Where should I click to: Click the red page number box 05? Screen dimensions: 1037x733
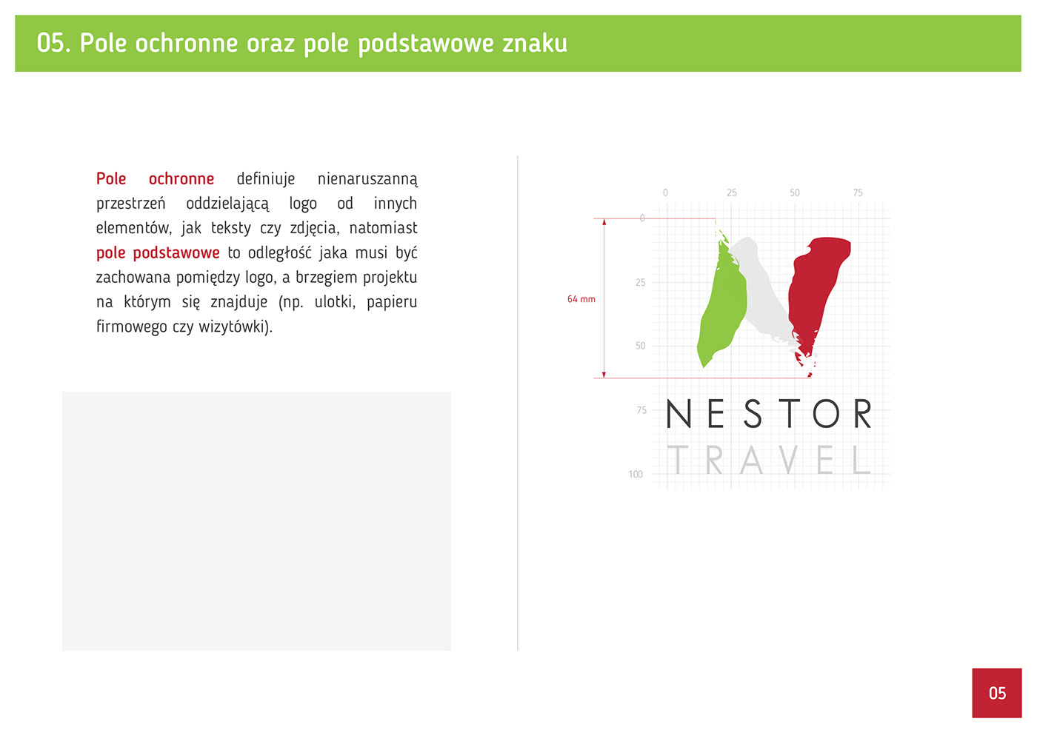997,693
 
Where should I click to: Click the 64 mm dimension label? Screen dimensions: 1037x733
581,299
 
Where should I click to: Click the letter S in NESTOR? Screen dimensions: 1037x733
753,413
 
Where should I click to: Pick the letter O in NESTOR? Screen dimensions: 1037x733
826,413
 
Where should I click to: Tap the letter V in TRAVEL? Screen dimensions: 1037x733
788,460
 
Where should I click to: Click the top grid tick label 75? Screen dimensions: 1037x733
858,193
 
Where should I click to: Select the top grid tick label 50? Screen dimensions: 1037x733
794,193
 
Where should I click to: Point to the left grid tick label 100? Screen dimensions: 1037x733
636,475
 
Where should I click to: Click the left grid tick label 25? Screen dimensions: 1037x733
640,282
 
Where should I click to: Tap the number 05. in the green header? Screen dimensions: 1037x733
53,43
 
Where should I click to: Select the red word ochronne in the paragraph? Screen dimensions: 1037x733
181,178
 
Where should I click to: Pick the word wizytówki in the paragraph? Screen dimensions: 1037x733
236,327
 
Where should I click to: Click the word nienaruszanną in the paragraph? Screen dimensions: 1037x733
367,179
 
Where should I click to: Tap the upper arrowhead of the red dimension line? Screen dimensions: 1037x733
604,222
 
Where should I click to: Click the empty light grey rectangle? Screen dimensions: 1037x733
256,521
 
